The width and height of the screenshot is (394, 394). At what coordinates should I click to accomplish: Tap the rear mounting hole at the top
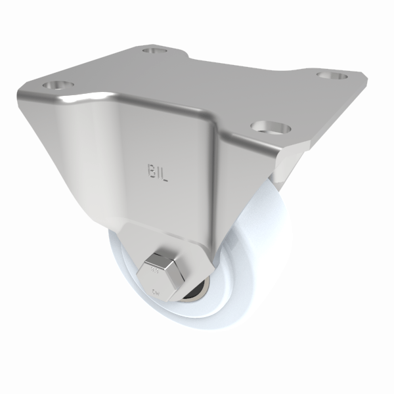point(155,49)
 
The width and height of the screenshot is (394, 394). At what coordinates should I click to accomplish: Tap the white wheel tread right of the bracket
point(259,217)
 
